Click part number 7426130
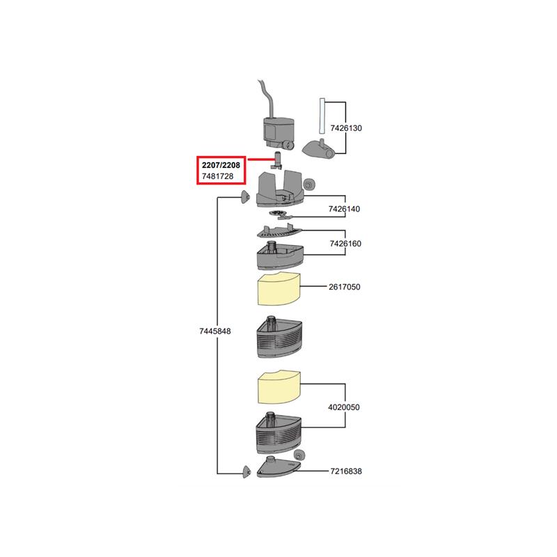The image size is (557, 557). click(346, 129)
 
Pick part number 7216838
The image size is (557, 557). click(346, 471)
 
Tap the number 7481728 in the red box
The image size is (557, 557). click(218, 178)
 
